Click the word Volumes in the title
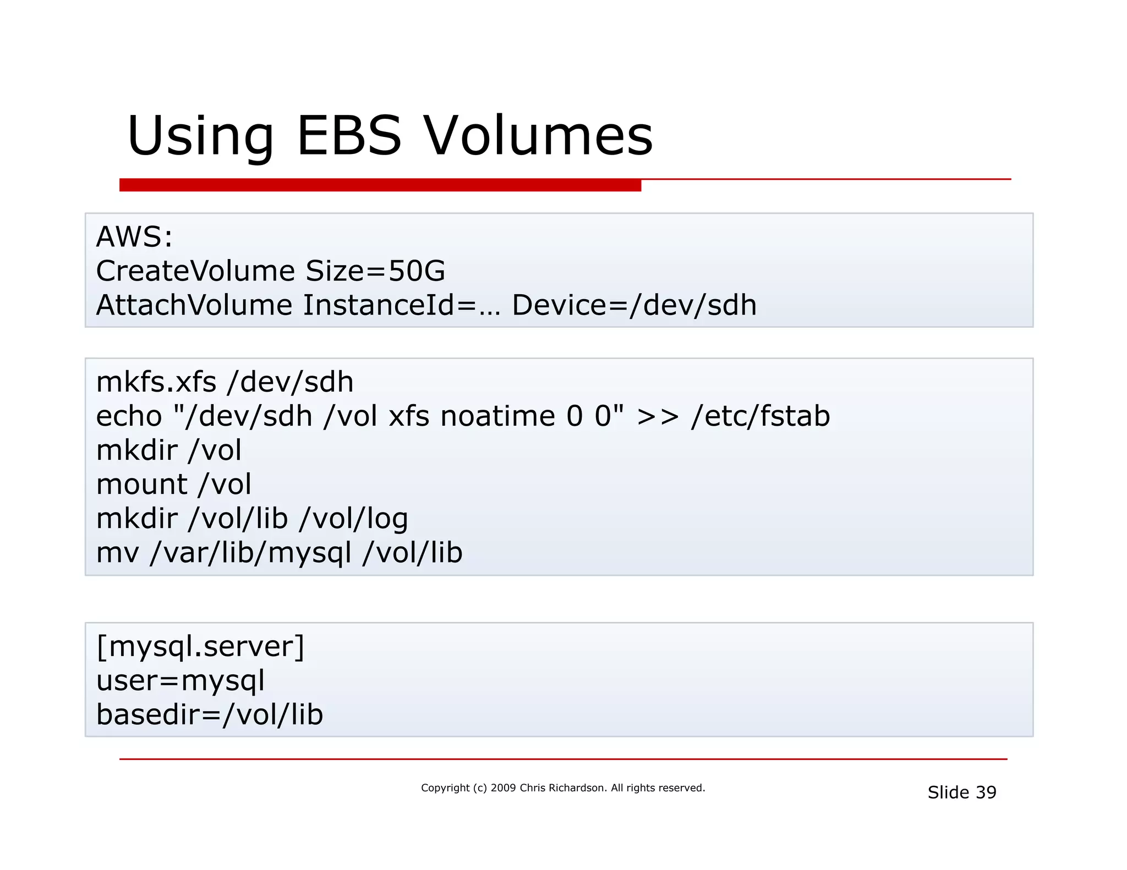tap(538, 135)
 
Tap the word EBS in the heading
tap(349, 135)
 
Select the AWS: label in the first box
tap(134, 237)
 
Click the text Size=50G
tap(375, 271)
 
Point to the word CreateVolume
tap(195, 271)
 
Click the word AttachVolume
tap(194, 305)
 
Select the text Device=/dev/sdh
tap(634, 305)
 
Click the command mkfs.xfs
tap(156, 382)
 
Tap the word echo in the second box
tap(129, 416)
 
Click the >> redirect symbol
tap(658, 416)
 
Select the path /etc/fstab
tap(761, 416)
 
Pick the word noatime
tap(497, 416)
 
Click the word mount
tap(142, 484)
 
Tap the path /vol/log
tap(353, 519)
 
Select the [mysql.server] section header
tap(200, 646)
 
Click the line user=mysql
tap(180, 681)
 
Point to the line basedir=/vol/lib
tap(210, 715)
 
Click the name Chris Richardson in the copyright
tap(562, 788)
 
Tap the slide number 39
tap(986, 792)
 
